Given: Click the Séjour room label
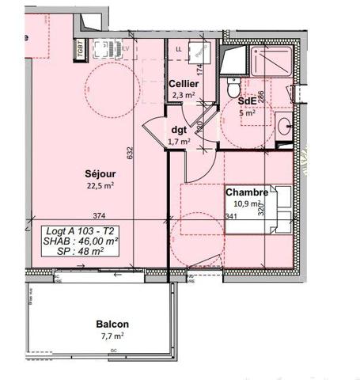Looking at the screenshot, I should point(100,174).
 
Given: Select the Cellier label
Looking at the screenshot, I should point(183,83).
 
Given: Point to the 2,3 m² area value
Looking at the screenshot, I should point(184,96).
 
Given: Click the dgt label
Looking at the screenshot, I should point(179,129).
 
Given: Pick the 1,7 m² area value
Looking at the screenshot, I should point(180,142).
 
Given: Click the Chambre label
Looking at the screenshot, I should point(246,192).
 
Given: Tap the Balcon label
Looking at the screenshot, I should point(112,325).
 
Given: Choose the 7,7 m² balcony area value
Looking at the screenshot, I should point(112,336).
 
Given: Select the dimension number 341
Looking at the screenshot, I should point(231,216).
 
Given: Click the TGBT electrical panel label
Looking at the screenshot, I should point(81,49).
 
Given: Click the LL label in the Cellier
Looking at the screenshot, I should point(178,49).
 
